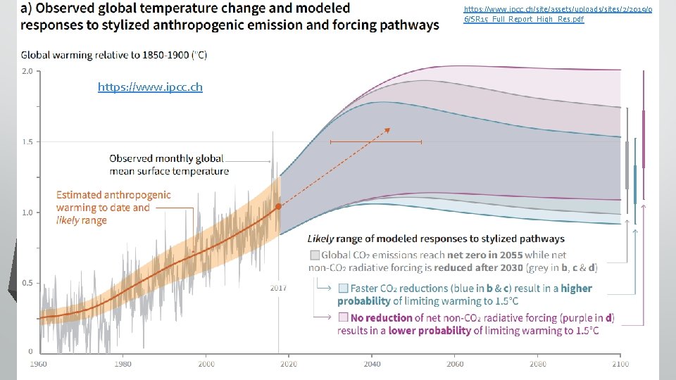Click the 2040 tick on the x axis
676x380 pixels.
[372, 364]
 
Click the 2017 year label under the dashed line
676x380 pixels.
[279, 288]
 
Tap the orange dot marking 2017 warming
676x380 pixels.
[279, 206]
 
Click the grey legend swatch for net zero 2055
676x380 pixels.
[314, 254]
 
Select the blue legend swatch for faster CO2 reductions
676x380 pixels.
[343, 288]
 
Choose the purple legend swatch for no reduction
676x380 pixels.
[343, 317]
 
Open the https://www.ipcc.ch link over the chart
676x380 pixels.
[150, 87]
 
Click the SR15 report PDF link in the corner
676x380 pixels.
[525, 14]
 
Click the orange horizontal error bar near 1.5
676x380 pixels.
[375, 142]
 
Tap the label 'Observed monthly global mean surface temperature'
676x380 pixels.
[169, 165]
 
